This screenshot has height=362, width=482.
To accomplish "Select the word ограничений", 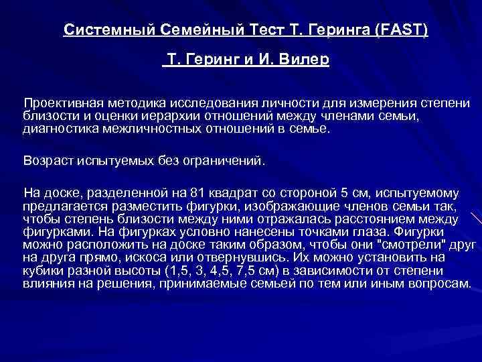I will point(226,160).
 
